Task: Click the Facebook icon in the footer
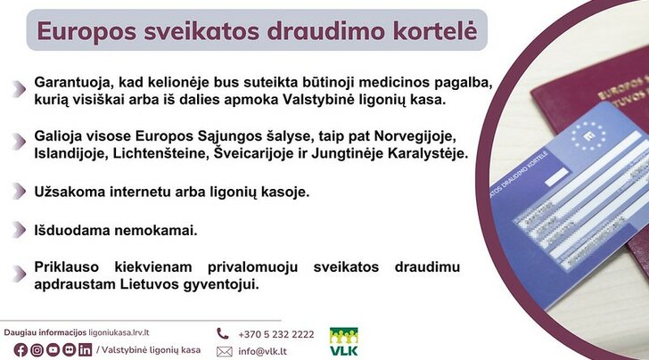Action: click(x=21, y=350)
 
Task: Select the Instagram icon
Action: click(x=37, y=350)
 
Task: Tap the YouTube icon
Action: click(x=53, y=350)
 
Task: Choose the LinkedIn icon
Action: click(x=86, y=350)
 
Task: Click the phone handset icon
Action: click(x=223, y=333)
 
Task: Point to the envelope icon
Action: click(x=225, y=352)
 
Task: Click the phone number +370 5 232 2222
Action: click(x=276, y=334)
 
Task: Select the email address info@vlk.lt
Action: click(x=262, y=352)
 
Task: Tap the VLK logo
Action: click(x=344, y=342)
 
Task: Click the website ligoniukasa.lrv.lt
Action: click(x=119, y=332)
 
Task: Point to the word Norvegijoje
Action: click(x=415, y=136)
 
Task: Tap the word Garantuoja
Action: click(x=74, y=82)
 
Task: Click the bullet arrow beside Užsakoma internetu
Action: click(x=19, y=192)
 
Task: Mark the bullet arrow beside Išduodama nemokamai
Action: click(x=19, y=230)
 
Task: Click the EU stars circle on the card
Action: click(x=588, y=135)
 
